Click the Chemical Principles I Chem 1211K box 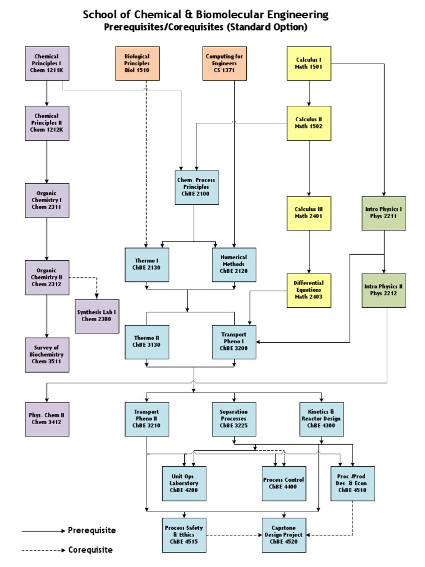click(47, 63)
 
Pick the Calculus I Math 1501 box click(308, 63)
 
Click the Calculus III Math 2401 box click(308, 213)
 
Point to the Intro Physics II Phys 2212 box click(383, 291)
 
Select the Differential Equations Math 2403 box click(308, 290)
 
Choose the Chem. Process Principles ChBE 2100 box click(196, 187)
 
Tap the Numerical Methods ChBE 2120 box click(234, 265)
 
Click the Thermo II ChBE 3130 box click(147, 342)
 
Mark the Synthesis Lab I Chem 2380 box click(97, 316)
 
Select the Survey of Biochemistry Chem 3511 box click(47, 354)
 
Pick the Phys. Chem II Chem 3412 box click(47, 419)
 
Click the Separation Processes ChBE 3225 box click(234, 419)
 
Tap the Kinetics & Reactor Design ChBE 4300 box click(322, 419)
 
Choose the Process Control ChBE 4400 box click(283, 483)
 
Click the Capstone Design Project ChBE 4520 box click(283, 535)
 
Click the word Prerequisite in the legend click(92, 530)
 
